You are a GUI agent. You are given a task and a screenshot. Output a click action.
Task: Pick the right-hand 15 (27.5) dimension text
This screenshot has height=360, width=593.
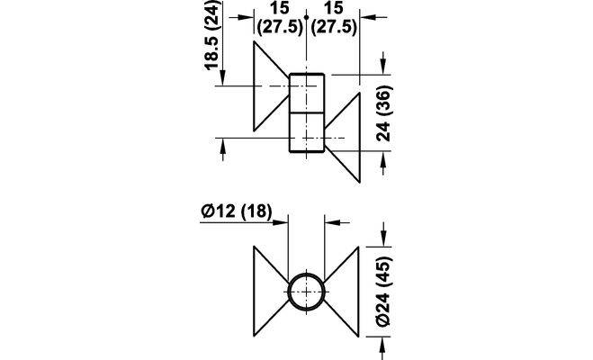[x=332, y=19]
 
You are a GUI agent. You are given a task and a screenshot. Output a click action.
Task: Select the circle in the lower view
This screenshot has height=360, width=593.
[x=307, y=292]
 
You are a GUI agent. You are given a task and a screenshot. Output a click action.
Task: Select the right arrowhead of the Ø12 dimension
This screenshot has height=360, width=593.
[x=333, y=220]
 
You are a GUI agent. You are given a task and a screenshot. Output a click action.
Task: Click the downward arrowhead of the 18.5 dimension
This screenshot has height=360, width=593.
[x=220, y=80]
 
